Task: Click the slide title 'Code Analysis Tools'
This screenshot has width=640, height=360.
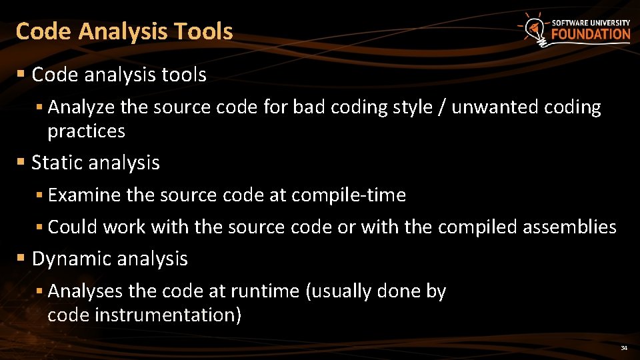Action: pyautogui.click(x=124, y=31)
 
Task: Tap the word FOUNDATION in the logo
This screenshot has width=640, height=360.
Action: pyautogui.click(x=590, y=35)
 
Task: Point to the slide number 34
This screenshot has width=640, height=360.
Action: pyautogui.click(x=624, y=348)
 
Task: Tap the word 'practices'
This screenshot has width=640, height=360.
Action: pyautogui.click(x=86, y=131)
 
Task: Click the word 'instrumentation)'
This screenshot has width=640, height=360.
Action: pyautogui.click(x=168, y=315)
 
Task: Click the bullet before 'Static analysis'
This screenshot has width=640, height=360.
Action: pyautogui.click(x=21, y=162)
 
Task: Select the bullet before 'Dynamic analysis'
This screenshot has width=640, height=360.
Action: pyautogui.click(x=21, y=258)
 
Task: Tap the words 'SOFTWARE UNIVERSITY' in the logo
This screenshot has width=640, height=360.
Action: pyautogui.click(x=590, y=22)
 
